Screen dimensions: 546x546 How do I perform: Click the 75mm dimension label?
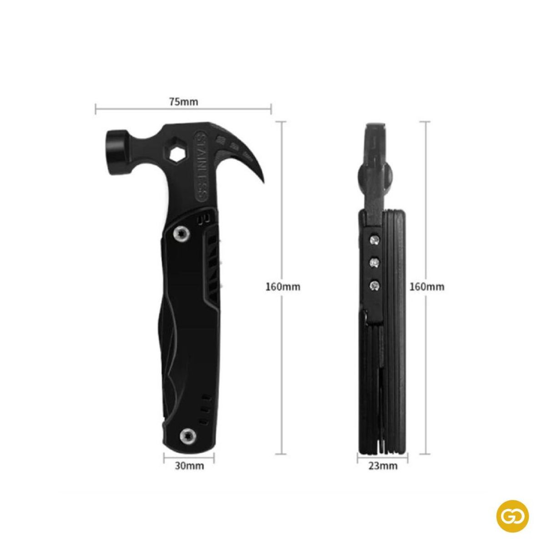[184, 102]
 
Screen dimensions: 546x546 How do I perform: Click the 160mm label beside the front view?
[283, 287]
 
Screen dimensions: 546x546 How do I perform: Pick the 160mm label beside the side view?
[427, 287]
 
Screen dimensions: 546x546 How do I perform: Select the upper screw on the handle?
[181, 233]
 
